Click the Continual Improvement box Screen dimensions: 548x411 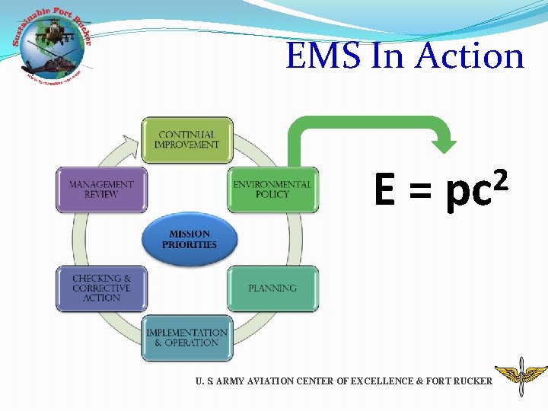(186, 140)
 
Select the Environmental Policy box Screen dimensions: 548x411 (272, 190)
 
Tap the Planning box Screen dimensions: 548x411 (272, 288)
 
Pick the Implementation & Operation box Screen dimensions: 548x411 (186, 338)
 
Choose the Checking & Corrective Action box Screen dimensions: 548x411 (101, 288)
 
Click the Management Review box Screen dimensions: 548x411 (101, 190)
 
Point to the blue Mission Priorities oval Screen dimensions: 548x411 (189, 240)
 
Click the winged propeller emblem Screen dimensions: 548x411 (521, 377)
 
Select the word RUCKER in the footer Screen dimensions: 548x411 (473, 381)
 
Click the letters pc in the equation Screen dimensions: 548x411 (466, 194)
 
